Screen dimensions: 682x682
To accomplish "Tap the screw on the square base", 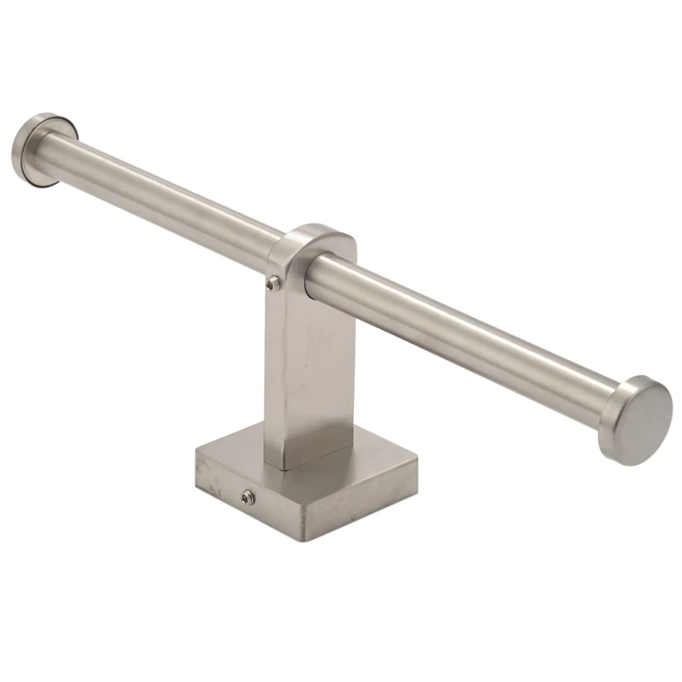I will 247,496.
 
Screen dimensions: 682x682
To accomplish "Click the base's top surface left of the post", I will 234,452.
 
